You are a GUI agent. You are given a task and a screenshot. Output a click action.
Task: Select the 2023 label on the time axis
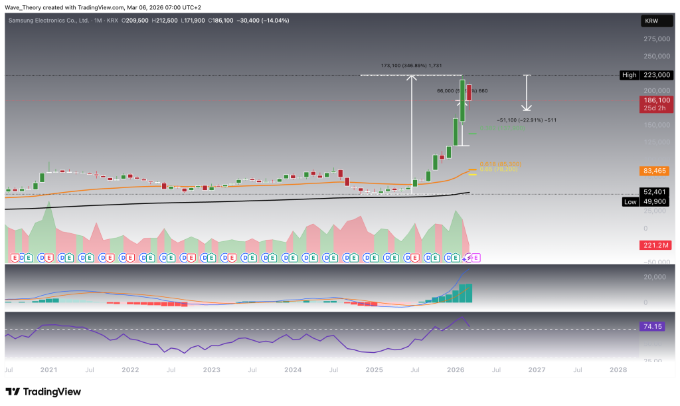[211, 369]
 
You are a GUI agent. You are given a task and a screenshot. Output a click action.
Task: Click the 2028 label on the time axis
[617, 369]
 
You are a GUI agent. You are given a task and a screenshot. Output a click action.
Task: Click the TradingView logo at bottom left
[43, 391]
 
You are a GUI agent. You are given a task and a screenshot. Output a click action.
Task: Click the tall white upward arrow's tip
[412, 78]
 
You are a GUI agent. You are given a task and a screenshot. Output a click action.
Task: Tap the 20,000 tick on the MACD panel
[655, 277]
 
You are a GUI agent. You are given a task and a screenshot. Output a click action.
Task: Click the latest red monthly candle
[469, 93]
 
